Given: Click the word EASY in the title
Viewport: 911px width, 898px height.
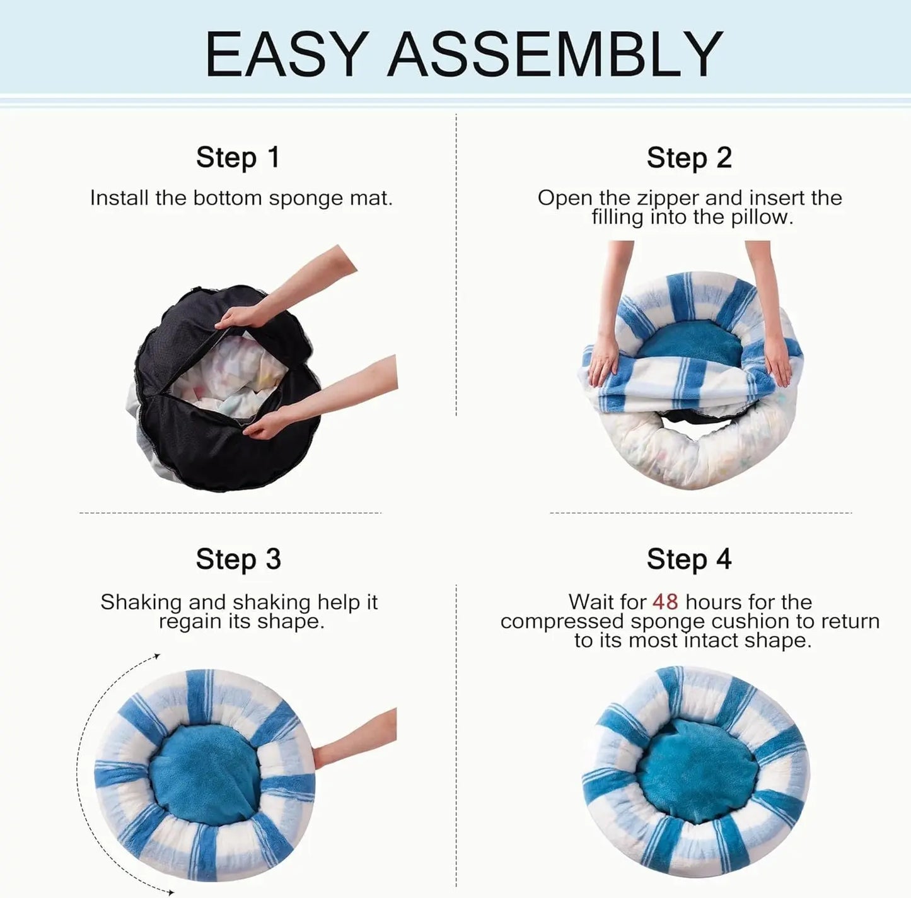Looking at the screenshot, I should pyautogui.click(x=287, y=54).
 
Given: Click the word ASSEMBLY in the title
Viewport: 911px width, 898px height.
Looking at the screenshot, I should pyautogui.click(x=555, y=54).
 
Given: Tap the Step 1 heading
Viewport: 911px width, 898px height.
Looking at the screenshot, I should pyautogui.click(x=238, y=157).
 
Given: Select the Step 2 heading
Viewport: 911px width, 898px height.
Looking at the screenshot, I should pyautogui.click(x=689, y=158).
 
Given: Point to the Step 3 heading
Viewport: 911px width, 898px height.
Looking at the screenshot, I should pyautogui.click(x=238, y=559).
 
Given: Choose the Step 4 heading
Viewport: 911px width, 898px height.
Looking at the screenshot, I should pyautogui.click(x=689, y=559).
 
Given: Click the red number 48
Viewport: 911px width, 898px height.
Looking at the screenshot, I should pyautogui.click(x=665, y=602).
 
